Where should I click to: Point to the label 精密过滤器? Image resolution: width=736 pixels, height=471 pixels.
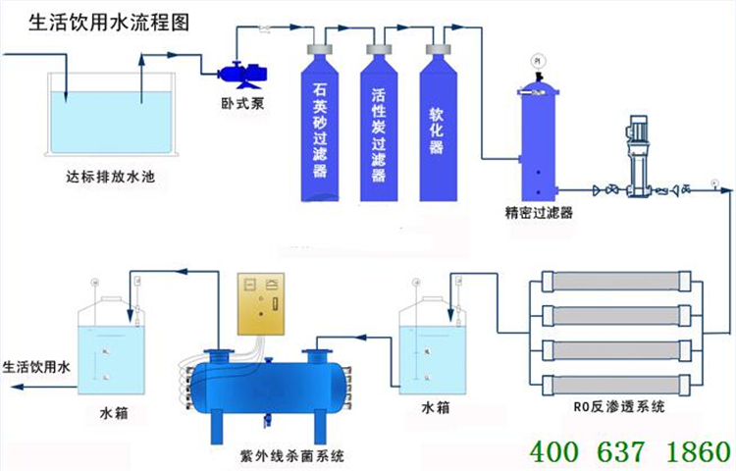[539, 211]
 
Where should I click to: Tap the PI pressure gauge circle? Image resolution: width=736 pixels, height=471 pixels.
[538, 61]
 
